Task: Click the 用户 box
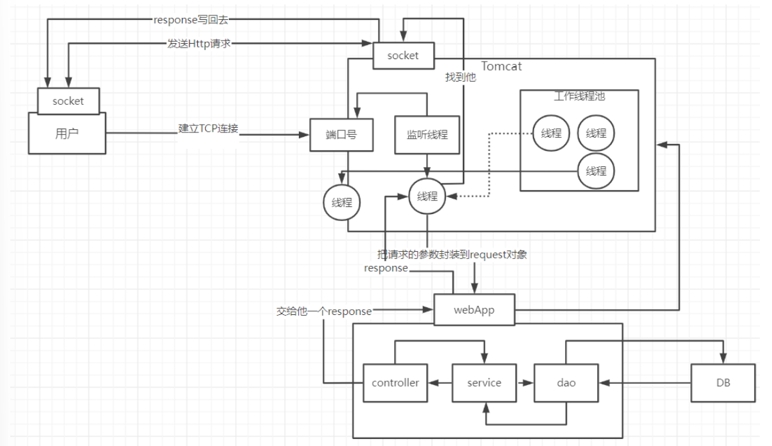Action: (x=67, y=133)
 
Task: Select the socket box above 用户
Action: (x=68, y=101)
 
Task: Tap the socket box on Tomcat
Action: (x=403, y=55)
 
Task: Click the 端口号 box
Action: (x=341, y=135)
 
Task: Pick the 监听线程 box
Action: (x=427, y=134)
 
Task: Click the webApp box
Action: (x=474, y=310)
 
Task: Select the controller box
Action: (x=395, y=382)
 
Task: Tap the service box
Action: (x=484, y=382)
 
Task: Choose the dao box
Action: (x=566, y=382)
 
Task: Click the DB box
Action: (x=723, y=382)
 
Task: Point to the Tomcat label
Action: (x=501, y=66)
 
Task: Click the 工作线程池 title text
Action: (x=579, y=96)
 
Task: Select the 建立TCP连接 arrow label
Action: (x=208, y=129)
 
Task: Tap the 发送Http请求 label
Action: (x=199, y=44)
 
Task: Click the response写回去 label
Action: (x=191, y=20)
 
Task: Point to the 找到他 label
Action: (x=460, y=77)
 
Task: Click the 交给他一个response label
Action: (x=324, y=311)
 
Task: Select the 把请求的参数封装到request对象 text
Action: (x=452, y=254)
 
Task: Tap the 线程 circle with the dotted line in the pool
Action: (x=551, y=133)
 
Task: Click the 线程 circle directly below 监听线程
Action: (x=427, y=196)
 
